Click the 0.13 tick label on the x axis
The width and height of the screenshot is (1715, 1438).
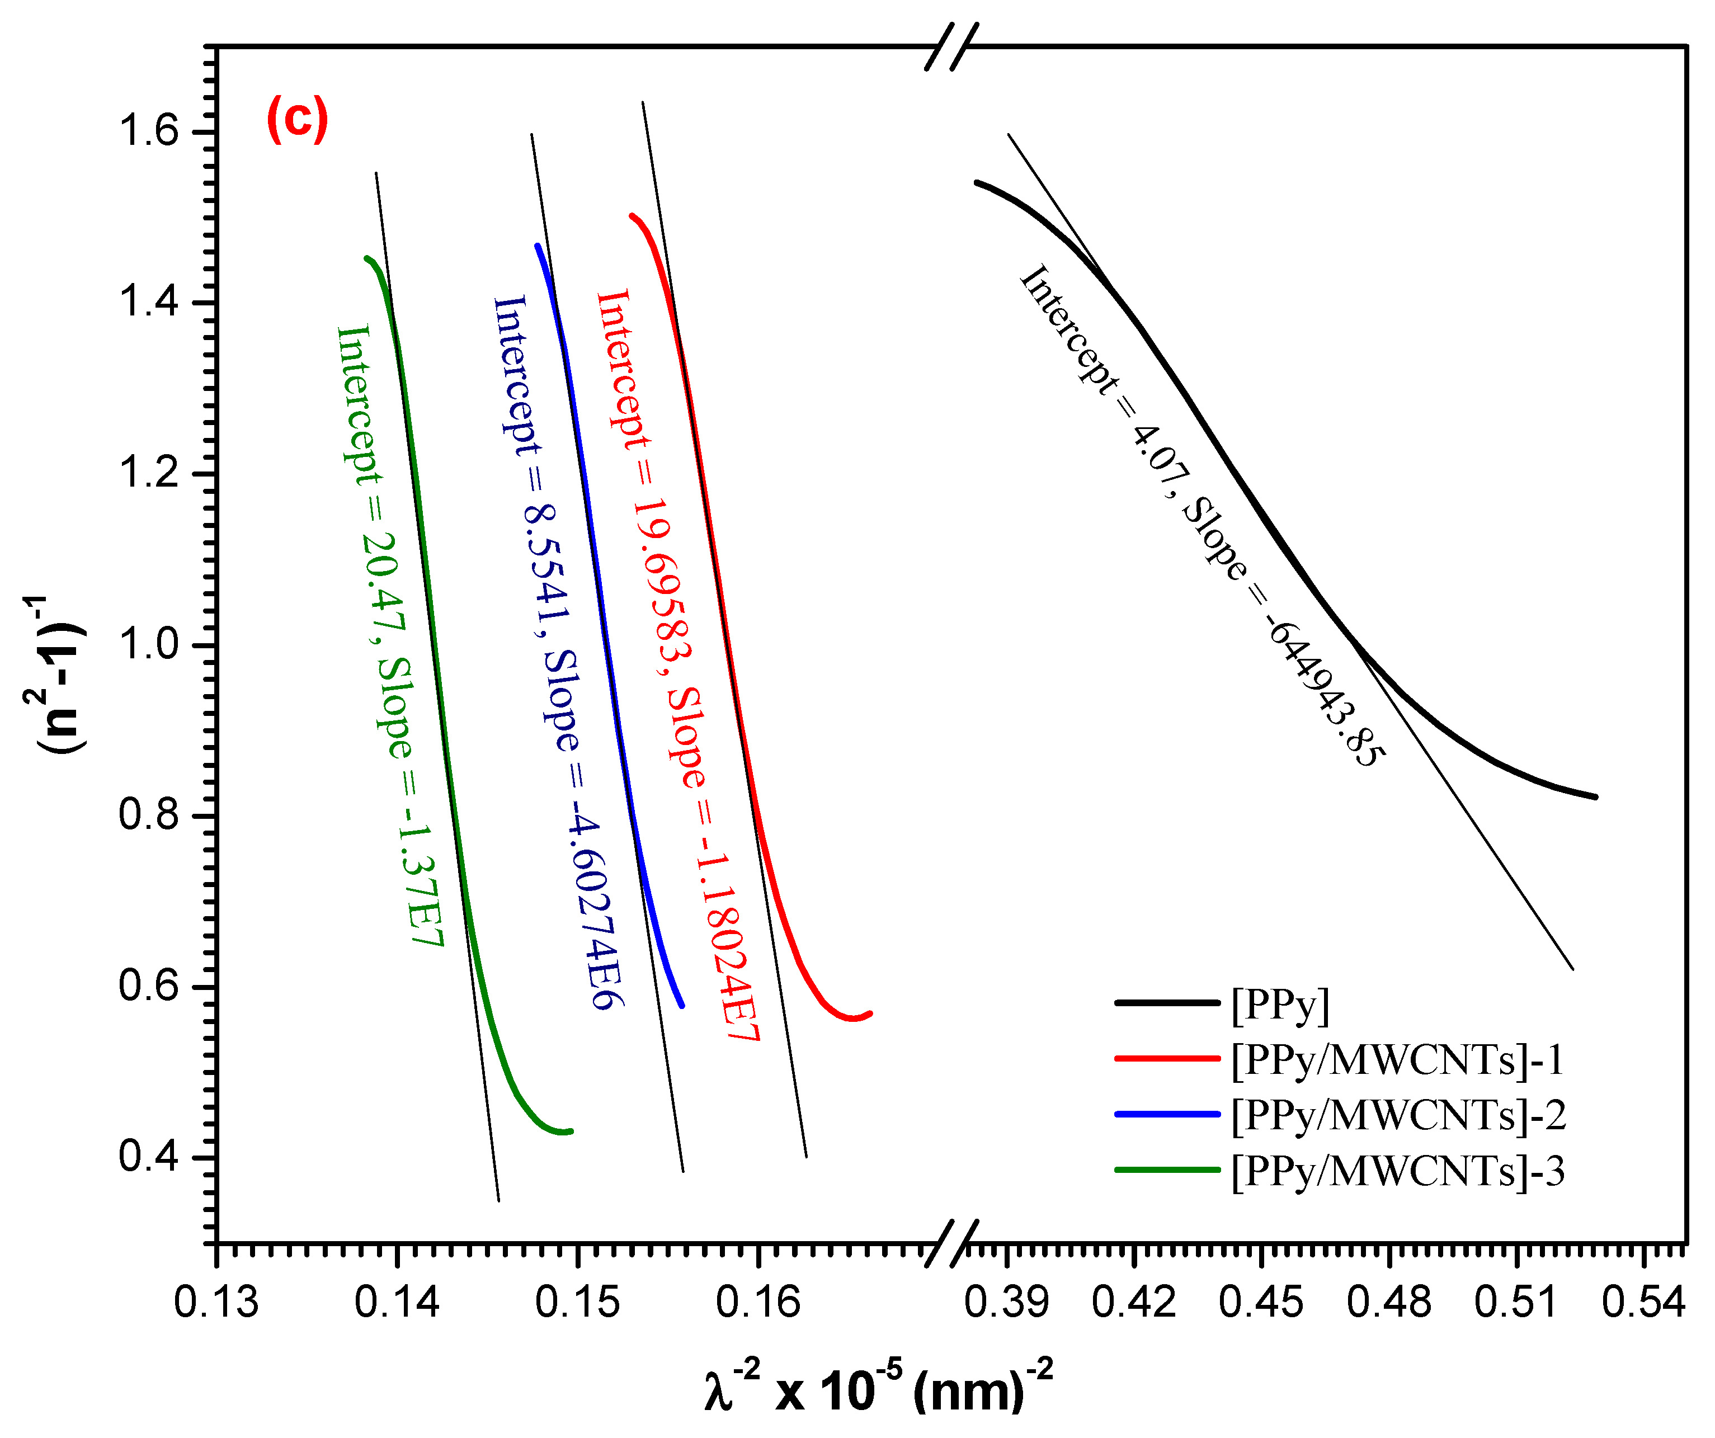216,1303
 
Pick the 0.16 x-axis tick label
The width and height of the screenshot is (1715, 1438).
758,1303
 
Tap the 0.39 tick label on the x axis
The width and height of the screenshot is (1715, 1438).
1006,1303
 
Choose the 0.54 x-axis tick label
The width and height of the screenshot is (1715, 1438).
1644,1303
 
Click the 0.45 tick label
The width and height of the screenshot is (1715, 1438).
1262,1303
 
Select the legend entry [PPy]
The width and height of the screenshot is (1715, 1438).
1280,1005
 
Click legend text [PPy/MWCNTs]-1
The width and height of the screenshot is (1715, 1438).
1398,1060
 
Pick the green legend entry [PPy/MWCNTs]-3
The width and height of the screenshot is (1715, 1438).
1398,1171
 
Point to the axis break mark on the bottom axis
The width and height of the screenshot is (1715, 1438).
952,1244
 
